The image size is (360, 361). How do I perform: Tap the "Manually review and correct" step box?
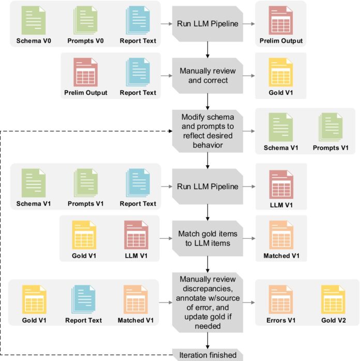click(207, 76)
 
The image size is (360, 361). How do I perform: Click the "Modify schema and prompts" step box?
click(207, 129)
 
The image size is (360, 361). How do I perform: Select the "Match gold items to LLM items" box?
click(207, 238)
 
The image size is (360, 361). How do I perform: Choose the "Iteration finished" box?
click(207, 355)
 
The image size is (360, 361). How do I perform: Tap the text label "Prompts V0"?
click(85, 41)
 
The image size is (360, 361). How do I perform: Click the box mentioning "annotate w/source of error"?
click(207, 303)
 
